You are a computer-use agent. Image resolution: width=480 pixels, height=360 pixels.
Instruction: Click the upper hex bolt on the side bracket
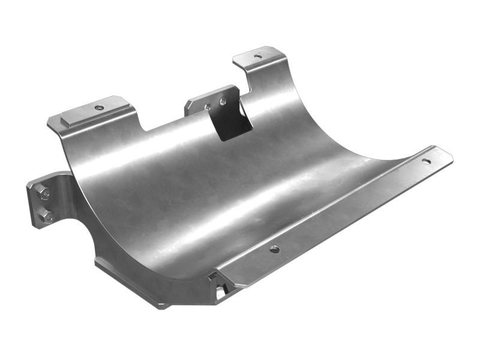pos(43,193)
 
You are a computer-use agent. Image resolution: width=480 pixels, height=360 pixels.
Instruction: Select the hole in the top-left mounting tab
pos(99,108)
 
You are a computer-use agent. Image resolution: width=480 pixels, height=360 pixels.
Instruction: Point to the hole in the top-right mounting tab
pos(258,56)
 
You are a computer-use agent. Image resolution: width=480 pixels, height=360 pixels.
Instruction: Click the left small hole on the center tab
pos(208,107)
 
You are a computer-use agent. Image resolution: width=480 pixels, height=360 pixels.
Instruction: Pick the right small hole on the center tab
pos(223,101)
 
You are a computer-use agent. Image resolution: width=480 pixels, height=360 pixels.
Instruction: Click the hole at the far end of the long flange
pos(426,161)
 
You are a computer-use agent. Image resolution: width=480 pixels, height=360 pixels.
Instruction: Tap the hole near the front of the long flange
pos(274,249)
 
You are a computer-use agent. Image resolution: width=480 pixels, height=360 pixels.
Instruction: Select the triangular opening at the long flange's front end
pos(220,291)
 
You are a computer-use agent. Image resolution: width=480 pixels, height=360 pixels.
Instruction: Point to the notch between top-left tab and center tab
pos(162,120)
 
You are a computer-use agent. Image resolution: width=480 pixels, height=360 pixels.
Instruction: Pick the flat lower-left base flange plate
pos(132,285)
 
